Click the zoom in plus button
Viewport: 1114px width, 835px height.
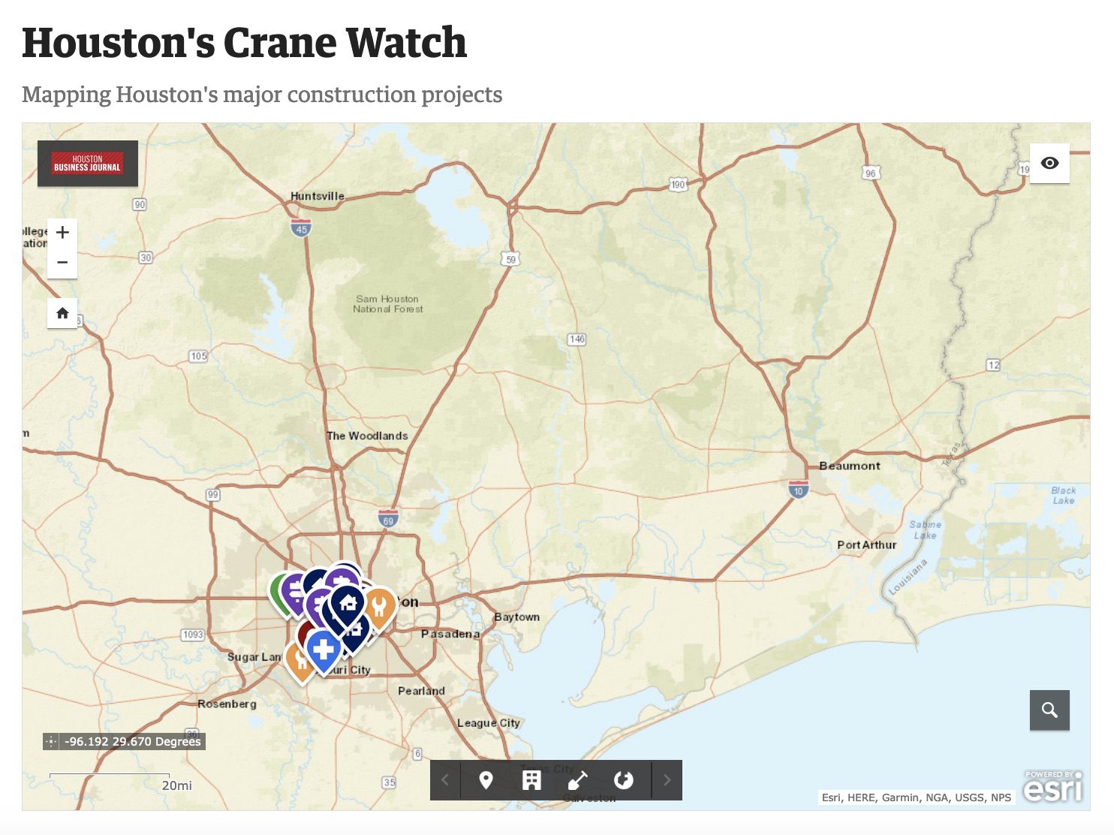click(62, 233)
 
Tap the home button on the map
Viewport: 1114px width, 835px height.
click(62, 313)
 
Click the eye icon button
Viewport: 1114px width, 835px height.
click(1049, 163)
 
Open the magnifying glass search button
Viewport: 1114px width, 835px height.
click(1049, 710)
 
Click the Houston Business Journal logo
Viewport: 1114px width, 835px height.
click(88, 163)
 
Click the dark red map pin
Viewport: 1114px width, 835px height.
click(304, 632)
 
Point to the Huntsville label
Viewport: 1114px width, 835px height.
click(317, 196)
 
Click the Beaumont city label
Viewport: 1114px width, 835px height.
click(849, 466)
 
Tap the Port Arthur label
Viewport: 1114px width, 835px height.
click(866, 545)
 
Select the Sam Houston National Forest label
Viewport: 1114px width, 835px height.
click(387, 304)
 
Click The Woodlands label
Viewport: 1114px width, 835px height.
click(367, 436)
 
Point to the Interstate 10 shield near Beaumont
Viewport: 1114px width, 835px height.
click(798, 490)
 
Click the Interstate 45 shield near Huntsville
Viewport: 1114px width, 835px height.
click(301, 228)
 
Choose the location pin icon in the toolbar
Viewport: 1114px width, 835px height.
click(486, 780)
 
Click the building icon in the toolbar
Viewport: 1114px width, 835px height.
click(531, 780)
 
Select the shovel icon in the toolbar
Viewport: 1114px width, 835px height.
click(577, 780)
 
